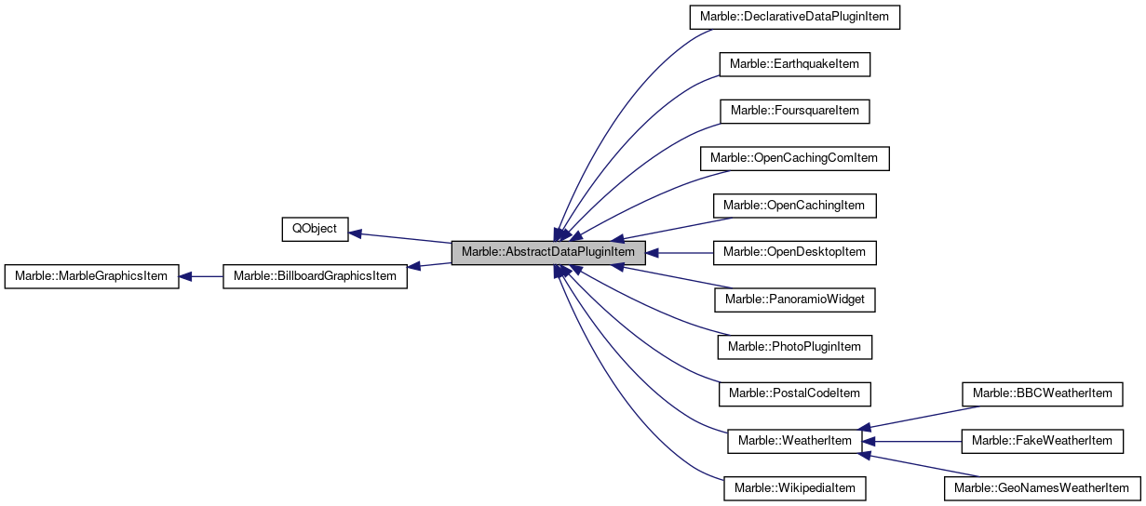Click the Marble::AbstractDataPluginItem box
547,252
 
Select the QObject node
315,229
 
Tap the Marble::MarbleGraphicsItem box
91,276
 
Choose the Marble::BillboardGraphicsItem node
315,276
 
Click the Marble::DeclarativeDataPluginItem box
794,18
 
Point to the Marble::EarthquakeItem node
794,64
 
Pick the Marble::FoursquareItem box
794,111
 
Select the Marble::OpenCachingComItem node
794,158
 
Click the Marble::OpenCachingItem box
794,206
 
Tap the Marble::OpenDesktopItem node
794,252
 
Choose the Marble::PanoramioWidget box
794,300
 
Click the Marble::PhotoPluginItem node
794,347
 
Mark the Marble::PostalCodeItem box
794,393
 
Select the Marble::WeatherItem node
794,441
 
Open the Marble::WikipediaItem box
794,487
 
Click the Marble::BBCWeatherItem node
1042,393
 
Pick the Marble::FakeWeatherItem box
1042,441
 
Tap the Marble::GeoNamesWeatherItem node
1042,487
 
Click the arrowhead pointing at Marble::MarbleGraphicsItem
185,276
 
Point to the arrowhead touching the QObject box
355,233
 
